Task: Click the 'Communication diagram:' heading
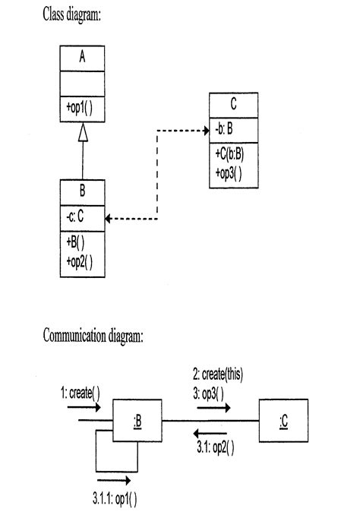point(93,336)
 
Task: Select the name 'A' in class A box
point(82,58)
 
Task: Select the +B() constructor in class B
point(74,242)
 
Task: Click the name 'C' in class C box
point(233,104)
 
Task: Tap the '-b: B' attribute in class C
point(225,130)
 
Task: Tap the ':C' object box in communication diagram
point(283,421)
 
